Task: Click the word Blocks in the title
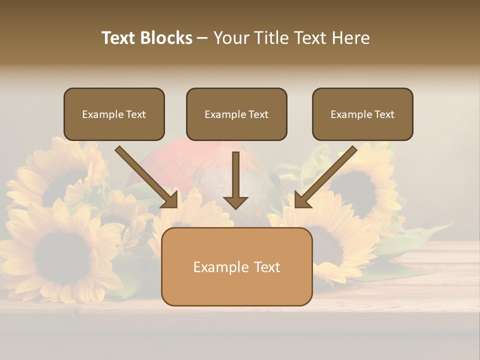[166, 38]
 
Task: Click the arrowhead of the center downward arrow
[235, 202]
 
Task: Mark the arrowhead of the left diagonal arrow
[170, 200]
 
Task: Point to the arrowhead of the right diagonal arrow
[302, 200]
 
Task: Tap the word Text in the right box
[384, 114]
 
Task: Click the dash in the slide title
[202, 38]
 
